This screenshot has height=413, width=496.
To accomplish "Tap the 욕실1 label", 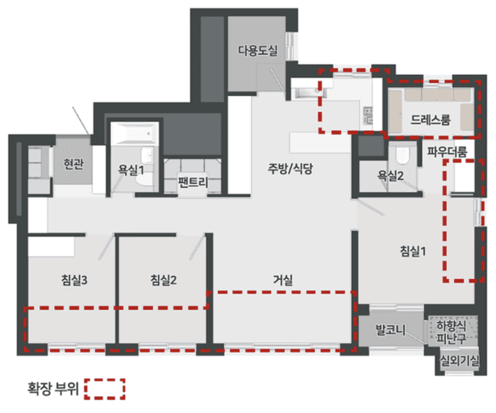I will (131, 169).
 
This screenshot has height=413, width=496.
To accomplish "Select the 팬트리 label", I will (193, 183).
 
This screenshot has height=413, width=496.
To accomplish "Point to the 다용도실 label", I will (257, 50).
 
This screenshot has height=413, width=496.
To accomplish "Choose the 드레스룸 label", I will (429, 121).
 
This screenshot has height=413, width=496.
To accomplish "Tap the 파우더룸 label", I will (447, 150).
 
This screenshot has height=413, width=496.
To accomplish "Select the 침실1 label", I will (412, 250).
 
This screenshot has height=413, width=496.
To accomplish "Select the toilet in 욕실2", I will (402, 155).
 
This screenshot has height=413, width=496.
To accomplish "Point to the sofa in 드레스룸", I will (429, 102).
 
